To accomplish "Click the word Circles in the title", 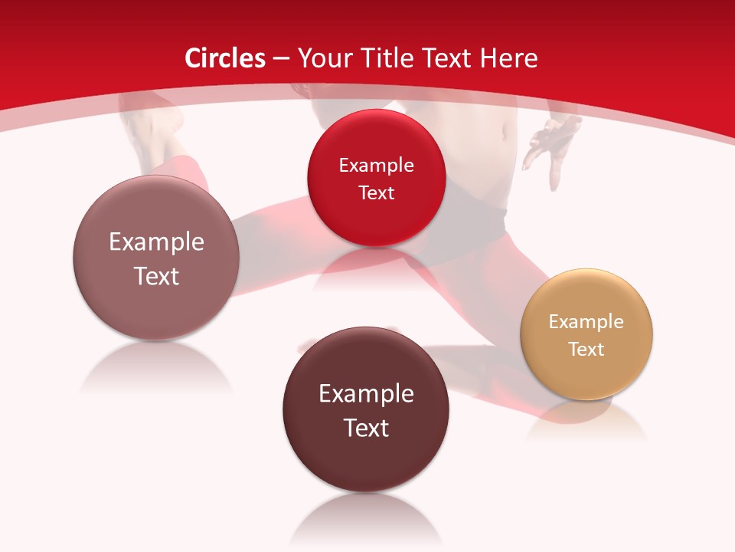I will point(225,58).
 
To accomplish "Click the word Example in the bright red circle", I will point(376,165).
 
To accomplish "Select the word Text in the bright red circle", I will point(376,192).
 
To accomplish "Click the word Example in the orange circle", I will point(586,321).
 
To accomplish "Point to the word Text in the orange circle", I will point(586,349).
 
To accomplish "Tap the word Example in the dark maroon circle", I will point(366,393).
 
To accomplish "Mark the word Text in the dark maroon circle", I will point(366,427).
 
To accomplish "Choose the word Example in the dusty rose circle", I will point(156,242).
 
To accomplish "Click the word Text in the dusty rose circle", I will point(156,275).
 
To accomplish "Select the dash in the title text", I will point(282,59).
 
